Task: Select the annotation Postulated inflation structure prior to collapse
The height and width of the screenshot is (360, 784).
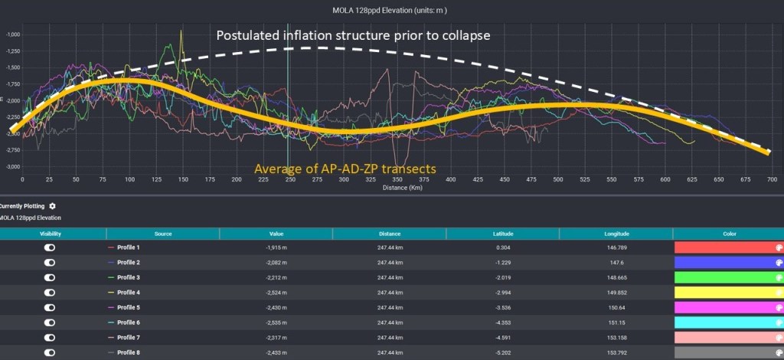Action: click(353, 35)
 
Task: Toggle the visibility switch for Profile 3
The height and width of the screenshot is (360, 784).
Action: click(50, 277)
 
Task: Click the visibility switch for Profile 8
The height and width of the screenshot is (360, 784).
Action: click(50, 352)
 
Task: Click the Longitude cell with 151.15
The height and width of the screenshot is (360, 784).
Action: click(615, 322)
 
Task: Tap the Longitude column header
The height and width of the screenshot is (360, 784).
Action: click(615, 234)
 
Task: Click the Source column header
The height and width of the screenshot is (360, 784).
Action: click(162, 234)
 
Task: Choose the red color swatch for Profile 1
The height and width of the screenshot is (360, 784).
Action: click(727, 247)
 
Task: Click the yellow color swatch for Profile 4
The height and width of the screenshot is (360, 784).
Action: click(727, 292)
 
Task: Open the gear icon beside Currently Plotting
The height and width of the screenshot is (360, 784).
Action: click(52, 206)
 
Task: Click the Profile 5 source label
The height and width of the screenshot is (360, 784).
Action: click(128, 307)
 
